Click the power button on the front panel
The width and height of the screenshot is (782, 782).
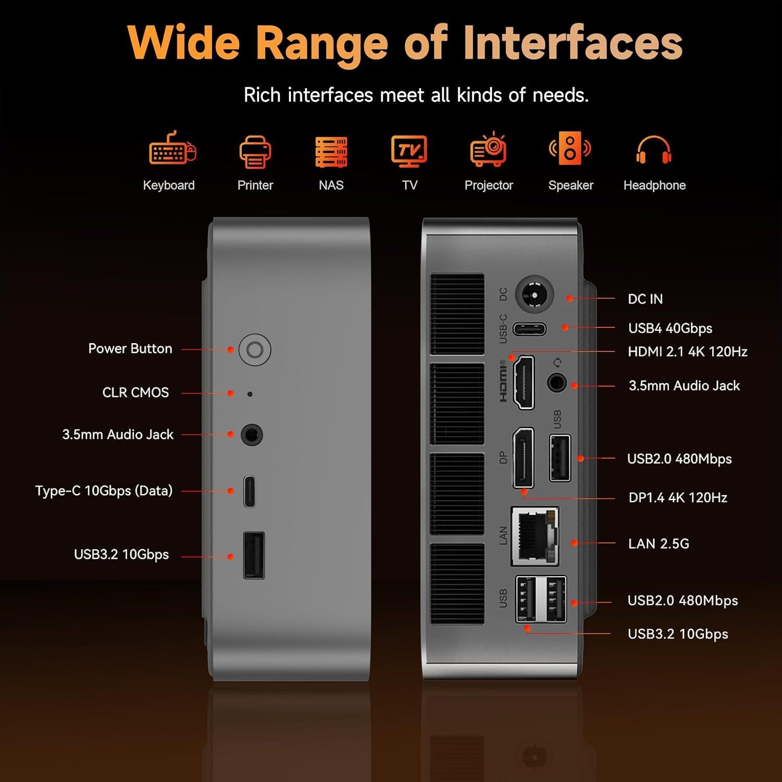pyautogui.click(x=254, y=349)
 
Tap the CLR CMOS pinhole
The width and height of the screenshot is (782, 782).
pyautogui.click(x=250, y=394)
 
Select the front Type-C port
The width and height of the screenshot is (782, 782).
pyautogui.click(x=250, y=491)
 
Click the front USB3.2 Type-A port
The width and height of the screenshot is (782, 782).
pyautogui.click(x=254, y=555)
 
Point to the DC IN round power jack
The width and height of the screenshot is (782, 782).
pyautogui.click(x=534, y=295)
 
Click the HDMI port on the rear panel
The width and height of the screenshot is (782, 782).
pyautogui.click(x=524, y=382)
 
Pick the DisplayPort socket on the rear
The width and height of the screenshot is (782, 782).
pyautogui.click(x=523, y=458)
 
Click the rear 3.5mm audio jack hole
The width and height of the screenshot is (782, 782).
pyautogui.click(x=557, y=383)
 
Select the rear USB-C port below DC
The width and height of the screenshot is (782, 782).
pyautogui.click(x=530, y=329)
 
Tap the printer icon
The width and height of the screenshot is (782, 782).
pyautogui.click(x=255, y=152)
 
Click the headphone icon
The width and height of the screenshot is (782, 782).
pyautogui.click(x=654, y=150)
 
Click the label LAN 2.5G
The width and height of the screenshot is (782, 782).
pyautogui.click(x=658, y=544)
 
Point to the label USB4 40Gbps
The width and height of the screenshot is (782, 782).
pyautogui.click(x=670, y=328)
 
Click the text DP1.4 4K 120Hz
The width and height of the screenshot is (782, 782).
pyautogui.click(x=678, y=497)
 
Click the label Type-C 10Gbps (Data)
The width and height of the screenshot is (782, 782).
pyautogui.click(x=104, y=491)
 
